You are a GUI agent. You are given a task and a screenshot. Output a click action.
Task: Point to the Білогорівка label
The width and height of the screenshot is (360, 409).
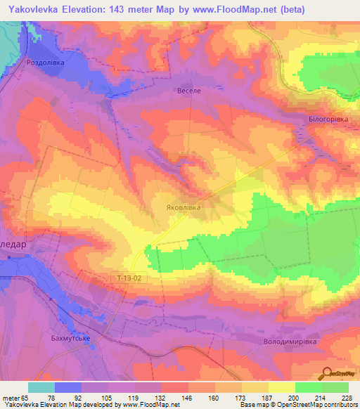click(x=328, y=119)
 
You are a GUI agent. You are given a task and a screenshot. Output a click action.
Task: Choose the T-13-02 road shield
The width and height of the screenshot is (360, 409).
click(x=129, y=278)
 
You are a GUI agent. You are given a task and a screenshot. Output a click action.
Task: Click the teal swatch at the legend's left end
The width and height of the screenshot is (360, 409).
click(x=41, y=388)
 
